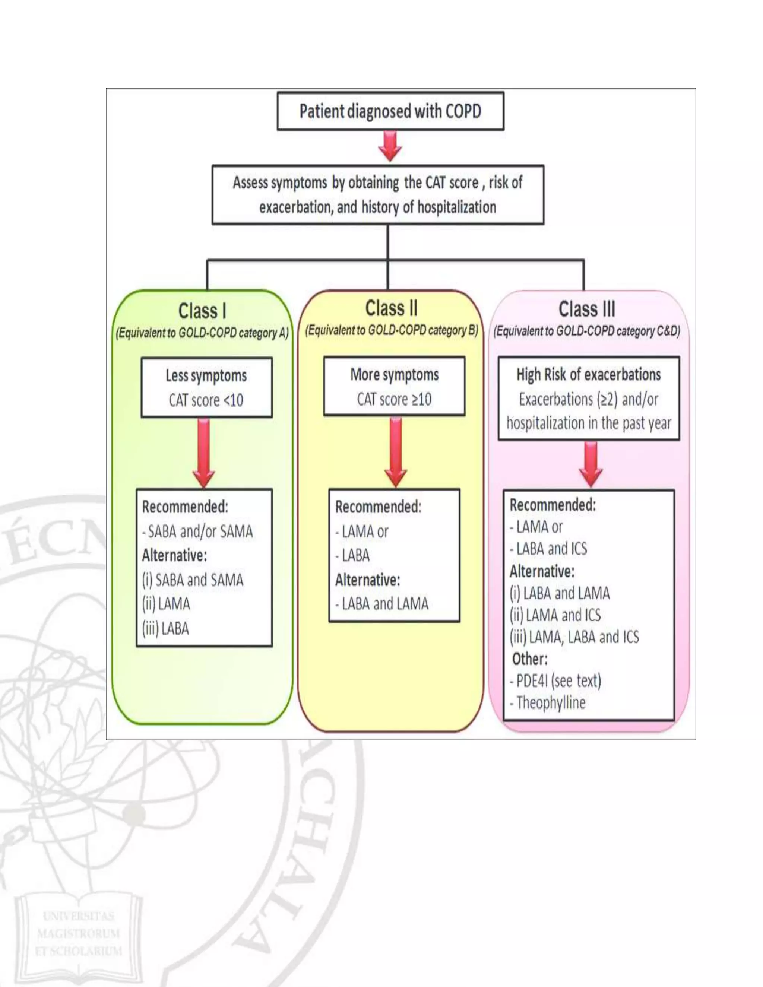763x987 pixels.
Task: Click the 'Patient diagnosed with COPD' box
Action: tap(390, 111)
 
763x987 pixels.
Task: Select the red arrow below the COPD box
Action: tap(390, 146)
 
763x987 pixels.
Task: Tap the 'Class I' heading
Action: tap(202, 311)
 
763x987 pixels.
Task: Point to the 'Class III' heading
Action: tap(587, 309)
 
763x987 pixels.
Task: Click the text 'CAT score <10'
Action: tap(206, 400)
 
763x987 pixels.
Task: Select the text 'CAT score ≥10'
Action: tap(394, 399)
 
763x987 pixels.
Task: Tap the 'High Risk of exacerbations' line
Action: tap(589, 374)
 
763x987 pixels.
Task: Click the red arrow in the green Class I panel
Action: tap(204, 452)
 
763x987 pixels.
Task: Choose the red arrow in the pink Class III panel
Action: tap(591, 464)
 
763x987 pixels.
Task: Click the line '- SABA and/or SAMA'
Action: tap(197, 531)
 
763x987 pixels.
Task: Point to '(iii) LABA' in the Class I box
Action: tap(165, 629)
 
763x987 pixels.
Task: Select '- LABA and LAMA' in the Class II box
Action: tap(381, 604)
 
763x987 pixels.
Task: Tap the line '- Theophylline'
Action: tap(547, 702)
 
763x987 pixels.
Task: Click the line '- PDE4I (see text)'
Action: tap(555, 680)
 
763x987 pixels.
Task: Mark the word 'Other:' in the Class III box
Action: tap(529, 659)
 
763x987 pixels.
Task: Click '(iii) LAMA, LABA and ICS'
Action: tap(574, 637)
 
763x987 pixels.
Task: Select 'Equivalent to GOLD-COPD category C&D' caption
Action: tap(587, 331)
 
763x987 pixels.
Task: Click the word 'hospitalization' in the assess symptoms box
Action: tap(456, 207)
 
